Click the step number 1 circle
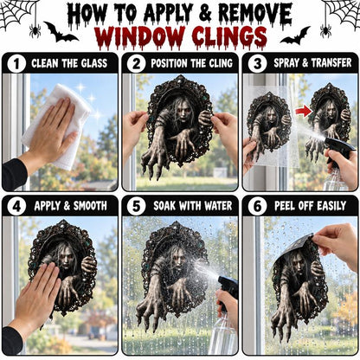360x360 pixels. click(x=16, y=64)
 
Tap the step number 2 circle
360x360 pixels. click(x=136, y=64)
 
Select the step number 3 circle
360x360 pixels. click(x=257, y=64)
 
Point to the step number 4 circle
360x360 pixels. click(x=16, y=207)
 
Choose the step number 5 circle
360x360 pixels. click(x=136, y=207)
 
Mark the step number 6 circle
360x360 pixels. click(x=257, y=207)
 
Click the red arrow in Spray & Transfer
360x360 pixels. click(x=304, y=111)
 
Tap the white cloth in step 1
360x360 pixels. click(x=55, y=124)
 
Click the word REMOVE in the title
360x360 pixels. click(x=255, y=14)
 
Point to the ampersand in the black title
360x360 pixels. click(x=204, y=14)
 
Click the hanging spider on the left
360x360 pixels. click(x=35, y=30)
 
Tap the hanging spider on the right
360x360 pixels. click(x=325, y=30)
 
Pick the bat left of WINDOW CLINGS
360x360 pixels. click(x=60, y=33)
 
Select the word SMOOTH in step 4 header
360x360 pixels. click(x=90, y=206)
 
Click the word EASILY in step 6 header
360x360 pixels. click(x=331, y=206)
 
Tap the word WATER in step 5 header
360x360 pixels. click(x=218, y=206)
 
